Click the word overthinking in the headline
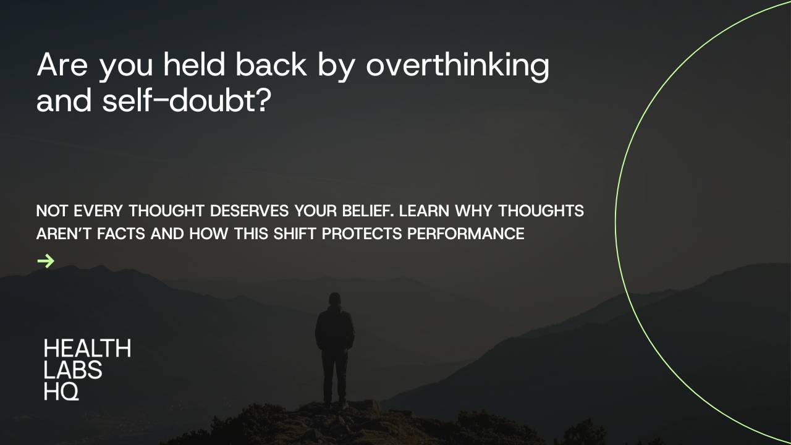[x=457, y=66]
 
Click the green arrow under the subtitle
[x=46, y=261]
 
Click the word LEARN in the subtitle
[x=425, y=211]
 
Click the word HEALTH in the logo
[x=87, y=349]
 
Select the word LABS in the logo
[x=73, y=370]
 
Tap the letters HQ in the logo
[x=61, y=391]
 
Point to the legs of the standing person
[x=334, y=377]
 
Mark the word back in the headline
[x=271, y=64]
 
